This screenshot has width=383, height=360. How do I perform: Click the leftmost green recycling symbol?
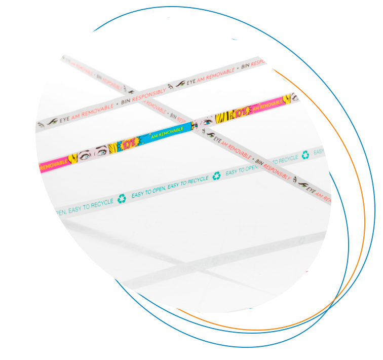(122, 198)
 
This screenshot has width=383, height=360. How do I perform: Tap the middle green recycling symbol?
(216, 176)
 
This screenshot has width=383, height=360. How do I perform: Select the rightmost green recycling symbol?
(305, 155)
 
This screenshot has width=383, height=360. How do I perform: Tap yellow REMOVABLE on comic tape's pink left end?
(53, 165)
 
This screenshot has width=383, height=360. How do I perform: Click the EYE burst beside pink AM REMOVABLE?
(241, 113)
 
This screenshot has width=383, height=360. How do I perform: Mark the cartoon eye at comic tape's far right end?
(292, 97)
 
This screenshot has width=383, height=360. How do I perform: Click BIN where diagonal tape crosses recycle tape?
(259, 162)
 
